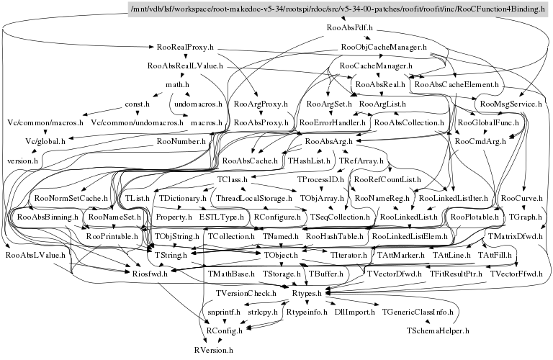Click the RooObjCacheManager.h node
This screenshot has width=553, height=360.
383,48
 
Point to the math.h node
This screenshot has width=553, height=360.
176,85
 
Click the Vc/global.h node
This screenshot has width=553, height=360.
44,141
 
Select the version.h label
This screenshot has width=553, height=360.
22,160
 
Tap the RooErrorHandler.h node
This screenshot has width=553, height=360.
333,123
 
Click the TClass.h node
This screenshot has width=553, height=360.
232,179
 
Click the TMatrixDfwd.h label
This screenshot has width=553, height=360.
514,236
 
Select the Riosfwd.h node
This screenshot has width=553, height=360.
150,274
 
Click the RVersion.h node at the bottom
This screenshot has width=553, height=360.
213,348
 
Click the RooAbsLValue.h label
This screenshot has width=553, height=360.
35,255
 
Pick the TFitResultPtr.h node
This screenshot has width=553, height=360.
456,274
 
